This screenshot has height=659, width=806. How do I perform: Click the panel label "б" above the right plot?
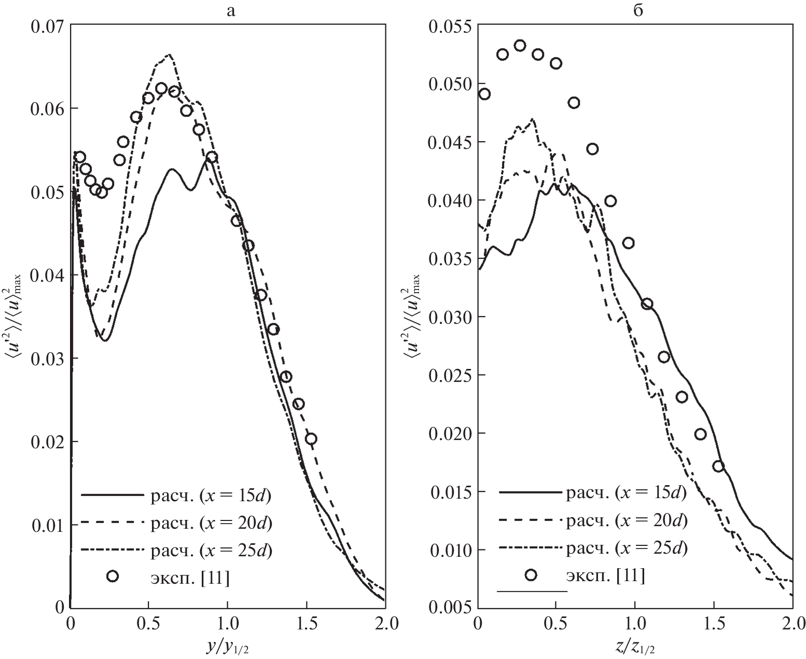[x=638, y=11]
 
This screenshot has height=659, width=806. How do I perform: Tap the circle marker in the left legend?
[x=113, y=576]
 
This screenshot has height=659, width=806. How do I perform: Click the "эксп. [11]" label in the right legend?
[x=606, y=575]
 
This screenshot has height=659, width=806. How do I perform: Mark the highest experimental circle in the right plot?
[x=520, y=45]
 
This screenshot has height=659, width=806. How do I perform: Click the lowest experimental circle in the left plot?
[x=311, y=439]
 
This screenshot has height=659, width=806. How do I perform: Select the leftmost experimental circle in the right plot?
[x=484, y=94]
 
